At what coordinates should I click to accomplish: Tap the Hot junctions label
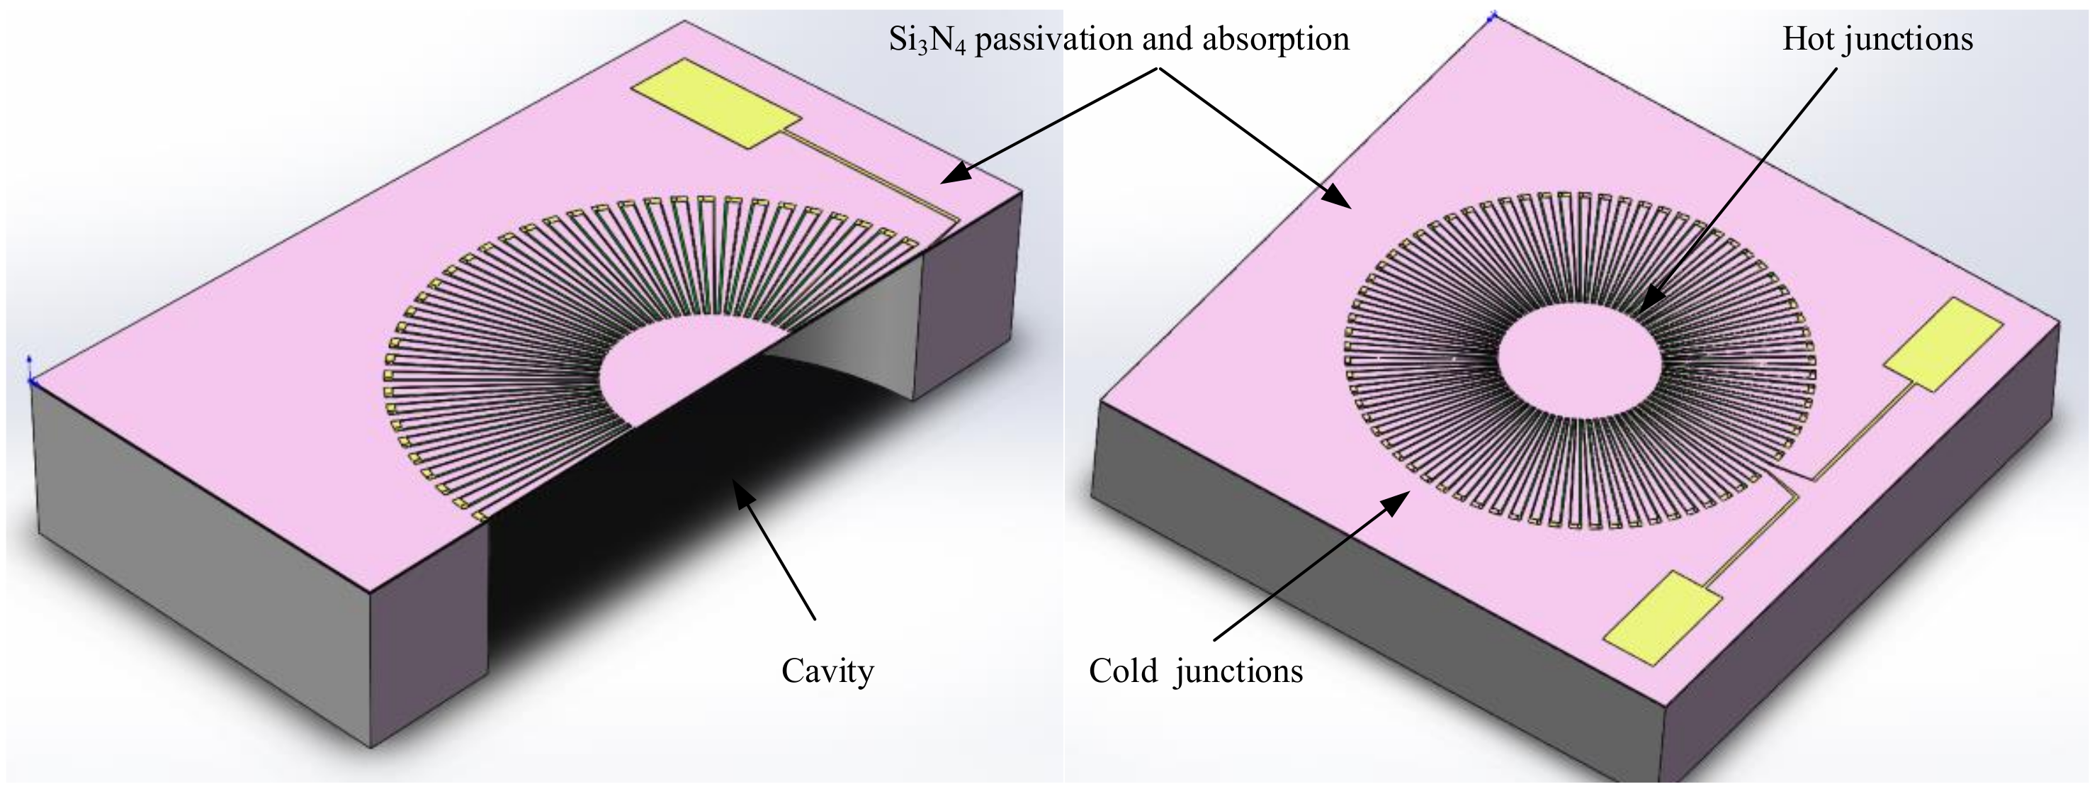[1877, 38]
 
